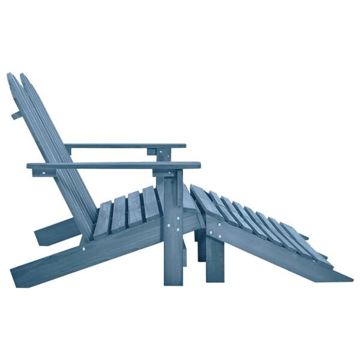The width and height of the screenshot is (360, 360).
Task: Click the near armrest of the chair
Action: pyautogui.click(x=114, y=165)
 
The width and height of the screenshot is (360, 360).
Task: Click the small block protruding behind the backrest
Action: pyautogui.click(x=16, y=115)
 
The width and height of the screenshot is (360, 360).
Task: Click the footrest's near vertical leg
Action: pyautogui.click(x=214, y=258)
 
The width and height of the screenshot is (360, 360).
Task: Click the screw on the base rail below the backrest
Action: pyautogui.click(x=83, y=247)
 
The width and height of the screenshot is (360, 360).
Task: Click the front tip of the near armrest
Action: pyautogui.click(x=198, y=165)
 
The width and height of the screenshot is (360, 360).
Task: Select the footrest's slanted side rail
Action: pyautogui.click(x=276, y=252)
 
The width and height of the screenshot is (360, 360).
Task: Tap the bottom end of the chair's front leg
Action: pyautogui.click(x=173, y=282)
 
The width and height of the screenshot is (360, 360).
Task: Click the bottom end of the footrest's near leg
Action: pyautogui.click(x=214, y=280)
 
